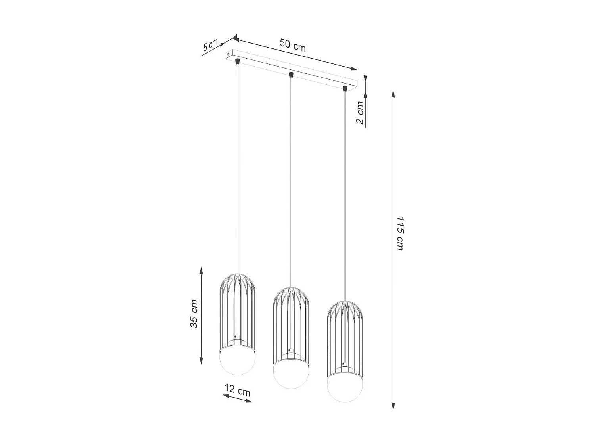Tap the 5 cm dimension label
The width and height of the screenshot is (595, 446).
pos(210,45)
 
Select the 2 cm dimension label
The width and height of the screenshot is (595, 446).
pos(360,113)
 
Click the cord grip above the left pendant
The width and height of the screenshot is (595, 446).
pos(237,61)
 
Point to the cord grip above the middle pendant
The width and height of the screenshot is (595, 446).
pos(291,75)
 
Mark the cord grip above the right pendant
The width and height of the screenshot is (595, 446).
pos(344,88)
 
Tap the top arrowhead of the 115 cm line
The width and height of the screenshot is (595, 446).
pos(393,94)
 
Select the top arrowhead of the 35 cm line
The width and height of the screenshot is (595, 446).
pos(202,271)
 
